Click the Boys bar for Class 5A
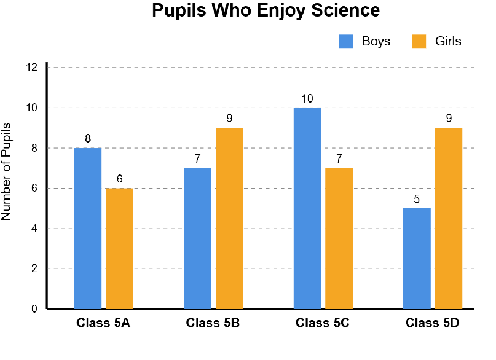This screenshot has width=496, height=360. pos(87,229)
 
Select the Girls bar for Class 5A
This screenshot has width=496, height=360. pos(120,248)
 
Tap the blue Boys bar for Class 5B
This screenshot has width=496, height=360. pos(197,238)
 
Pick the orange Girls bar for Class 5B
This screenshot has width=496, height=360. pos(229,218)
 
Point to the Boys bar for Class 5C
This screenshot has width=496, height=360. pos(307,208)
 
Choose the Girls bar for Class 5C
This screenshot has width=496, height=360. pos(339,238)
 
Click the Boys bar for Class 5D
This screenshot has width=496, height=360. pos(417,259)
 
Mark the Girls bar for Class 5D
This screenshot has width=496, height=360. pos(449,218)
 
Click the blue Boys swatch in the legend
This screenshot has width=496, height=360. pos(346,41)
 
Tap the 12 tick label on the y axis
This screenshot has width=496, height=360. pos(33,68)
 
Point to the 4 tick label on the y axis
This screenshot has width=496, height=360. pos(33,229)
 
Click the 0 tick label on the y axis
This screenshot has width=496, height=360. pos(33,309)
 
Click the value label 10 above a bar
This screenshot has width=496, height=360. pos(307,99)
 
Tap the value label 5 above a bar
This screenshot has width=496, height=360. pos(417,200)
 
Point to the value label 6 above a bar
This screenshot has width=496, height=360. pos(120,179)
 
